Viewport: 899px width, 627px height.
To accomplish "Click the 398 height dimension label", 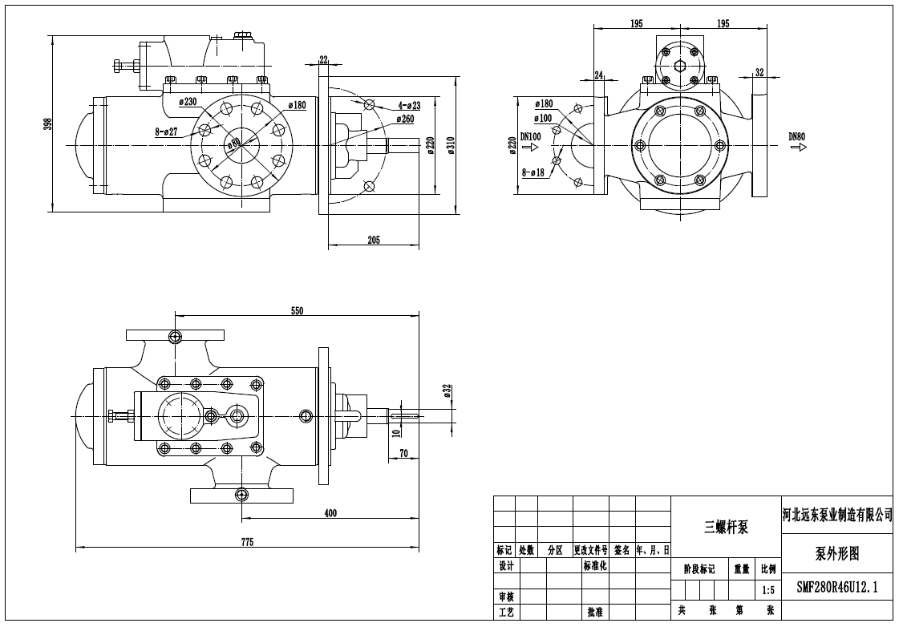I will tap(47, 123).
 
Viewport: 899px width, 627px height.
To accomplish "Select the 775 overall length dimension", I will tap(246, 543).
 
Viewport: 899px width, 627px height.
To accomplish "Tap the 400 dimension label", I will tap(330, 513).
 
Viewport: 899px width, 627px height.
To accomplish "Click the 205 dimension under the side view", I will tap(374, 240).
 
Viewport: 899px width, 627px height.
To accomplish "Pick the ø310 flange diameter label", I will tap(451, 145).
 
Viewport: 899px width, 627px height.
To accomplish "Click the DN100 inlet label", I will tap(531, 136).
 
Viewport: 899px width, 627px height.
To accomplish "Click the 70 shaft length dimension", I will tap(403, 453).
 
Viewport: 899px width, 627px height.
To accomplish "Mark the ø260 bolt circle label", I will tap(405, 119).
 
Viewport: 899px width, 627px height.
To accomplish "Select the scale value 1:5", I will tap(767, 591).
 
